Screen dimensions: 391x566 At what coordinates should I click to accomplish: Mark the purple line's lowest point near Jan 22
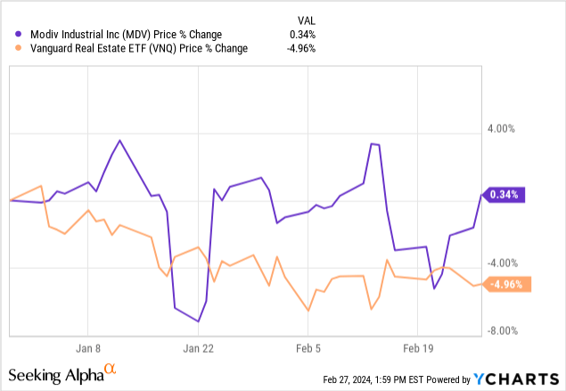point(199,322)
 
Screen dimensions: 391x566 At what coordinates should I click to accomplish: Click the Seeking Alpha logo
point(62,371)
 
